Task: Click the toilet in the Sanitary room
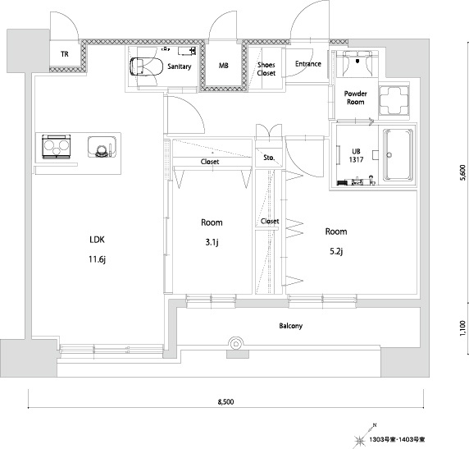[146, 66]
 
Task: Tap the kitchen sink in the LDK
[102, 147]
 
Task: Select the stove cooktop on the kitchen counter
[57, 146]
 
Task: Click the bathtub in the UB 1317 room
[398, 155]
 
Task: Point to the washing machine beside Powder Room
[394, 100]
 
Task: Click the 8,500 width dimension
[225, 402]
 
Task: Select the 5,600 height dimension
[462, 173]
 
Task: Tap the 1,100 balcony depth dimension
[462, 328]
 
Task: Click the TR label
[65, 54]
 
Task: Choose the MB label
[224, 66]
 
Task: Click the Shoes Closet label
[266, 69]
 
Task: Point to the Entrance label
[308, 64]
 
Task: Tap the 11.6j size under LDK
[98, 259]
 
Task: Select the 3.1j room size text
[212, 242]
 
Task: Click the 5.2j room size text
[336, 251]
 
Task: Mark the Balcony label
[291, 326]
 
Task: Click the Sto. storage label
[269, 158]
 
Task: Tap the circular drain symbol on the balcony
[236, 344]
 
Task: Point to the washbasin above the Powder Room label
[357, 62]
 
